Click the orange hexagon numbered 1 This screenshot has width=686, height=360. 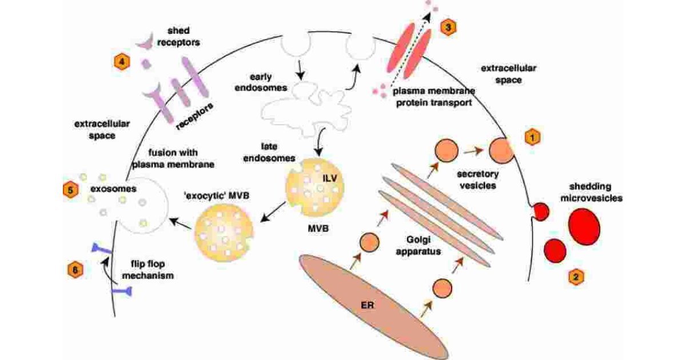532,138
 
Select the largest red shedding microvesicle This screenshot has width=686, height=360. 583,225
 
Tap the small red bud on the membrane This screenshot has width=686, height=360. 538,212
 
